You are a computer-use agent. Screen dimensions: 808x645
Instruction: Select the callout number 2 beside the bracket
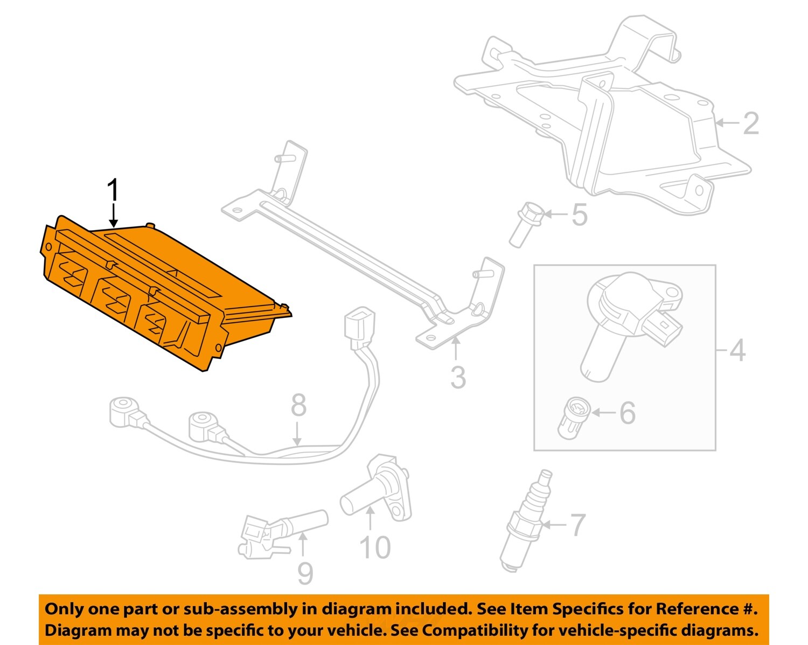pyautogui.click(x=750, y=123)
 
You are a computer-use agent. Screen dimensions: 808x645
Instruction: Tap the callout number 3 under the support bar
pyautogui.click(x=458, y=378)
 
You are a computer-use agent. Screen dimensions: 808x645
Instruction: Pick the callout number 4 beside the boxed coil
pyautogui.click(x=737, y=350)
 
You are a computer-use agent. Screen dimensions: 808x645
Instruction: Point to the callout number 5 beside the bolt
pyautogui.click(x=580, y=214)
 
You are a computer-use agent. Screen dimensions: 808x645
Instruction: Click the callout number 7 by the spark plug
pyautogui.click(x=578, y=525)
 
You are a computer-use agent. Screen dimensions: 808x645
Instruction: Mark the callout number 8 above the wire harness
pyautogui.click(x=298, y=405)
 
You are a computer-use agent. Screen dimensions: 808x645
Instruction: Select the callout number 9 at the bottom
pyautogui.click(x=305, y=573)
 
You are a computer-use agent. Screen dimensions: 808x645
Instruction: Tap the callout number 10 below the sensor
pyautogui.click(x=375, y=547)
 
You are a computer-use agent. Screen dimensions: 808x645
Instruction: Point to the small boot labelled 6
pyautogui.click(x=574, y=418)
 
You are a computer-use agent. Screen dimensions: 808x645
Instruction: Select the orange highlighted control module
pyautogui.click(x=165, y=293)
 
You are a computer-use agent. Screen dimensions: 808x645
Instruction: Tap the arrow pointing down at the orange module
pyautogui.click(x=113, y=215)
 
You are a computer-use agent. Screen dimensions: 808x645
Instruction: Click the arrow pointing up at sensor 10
pyautogui.click(x=370, y=519)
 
